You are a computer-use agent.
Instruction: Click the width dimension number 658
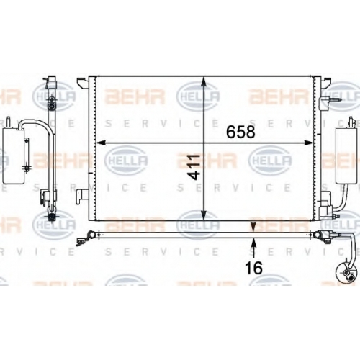(x=240, y=132)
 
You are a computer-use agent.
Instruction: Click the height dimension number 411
(x=194, y=167)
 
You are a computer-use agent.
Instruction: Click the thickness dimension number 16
(x=253, y=268)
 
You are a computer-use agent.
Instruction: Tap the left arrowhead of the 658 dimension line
(x=101, y=143)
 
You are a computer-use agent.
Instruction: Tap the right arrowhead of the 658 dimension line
(x=309, y=143)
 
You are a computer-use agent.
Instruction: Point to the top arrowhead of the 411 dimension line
(x=204, y=81)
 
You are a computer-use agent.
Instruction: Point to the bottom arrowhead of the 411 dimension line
(x=204, y=215)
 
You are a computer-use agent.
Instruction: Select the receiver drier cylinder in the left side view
(x=14, y=156)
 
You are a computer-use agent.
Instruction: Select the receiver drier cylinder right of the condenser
(x=346, y=156)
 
